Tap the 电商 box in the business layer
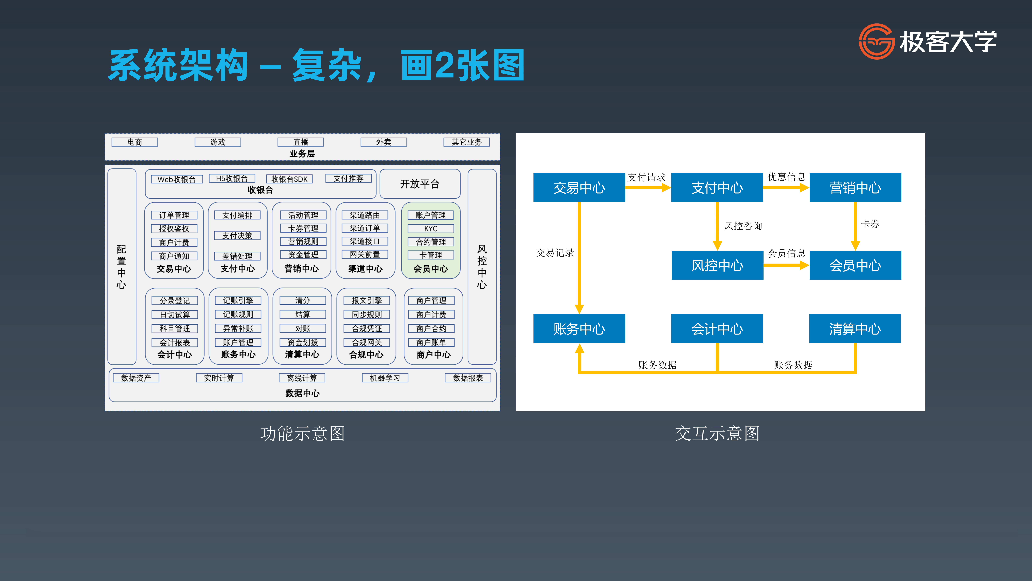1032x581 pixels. [x=135, y=142]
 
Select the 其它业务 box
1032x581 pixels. [x=466, y=142]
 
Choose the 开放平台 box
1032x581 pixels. [x=420, y=184]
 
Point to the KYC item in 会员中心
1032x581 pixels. [x=431, y=229]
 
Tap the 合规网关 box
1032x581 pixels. [x=367, y=342]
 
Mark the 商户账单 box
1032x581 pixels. [x=431, y=342]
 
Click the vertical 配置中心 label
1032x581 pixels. [x=121, y=267]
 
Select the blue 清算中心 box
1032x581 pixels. [x=855, y=329]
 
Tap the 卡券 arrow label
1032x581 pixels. [x=870, y=224]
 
